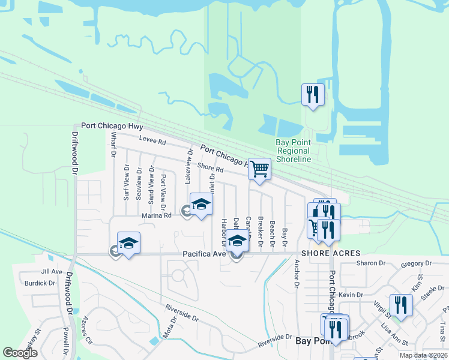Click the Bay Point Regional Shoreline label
[294, 151]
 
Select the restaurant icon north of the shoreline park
[313, 95]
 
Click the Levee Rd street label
[152, 141]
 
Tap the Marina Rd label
[156, 215]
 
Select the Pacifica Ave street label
[204, 254]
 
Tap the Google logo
[20, 353]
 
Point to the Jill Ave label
[52, 272]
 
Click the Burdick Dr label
[40, 283]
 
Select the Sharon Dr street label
[370, 263]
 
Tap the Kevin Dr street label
[351, 295]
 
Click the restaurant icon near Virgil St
[401, 305]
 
